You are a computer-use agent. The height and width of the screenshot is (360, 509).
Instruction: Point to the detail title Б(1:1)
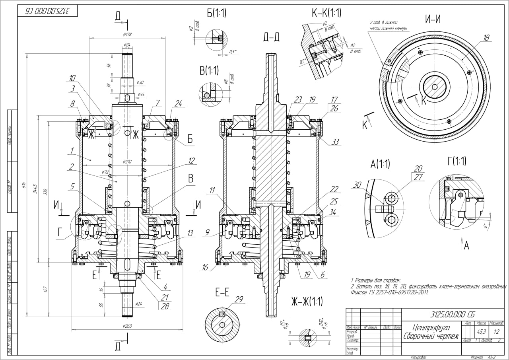217,13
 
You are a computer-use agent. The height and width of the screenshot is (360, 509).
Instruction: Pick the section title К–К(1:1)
326,13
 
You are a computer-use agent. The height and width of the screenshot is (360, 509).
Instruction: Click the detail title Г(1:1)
457,161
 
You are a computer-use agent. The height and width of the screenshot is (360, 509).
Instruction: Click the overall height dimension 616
23,185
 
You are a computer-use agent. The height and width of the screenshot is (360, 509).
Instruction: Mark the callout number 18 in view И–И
486,38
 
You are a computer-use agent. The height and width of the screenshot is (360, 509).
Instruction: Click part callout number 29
239,299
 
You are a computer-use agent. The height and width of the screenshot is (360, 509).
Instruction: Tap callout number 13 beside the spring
190,233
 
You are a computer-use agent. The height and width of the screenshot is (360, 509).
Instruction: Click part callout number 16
205,268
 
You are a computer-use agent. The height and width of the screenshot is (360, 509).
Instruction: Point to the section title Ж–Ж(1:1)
305,301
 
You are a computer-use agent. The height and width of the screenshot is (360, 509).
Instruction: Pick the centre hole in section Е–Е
222,324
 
